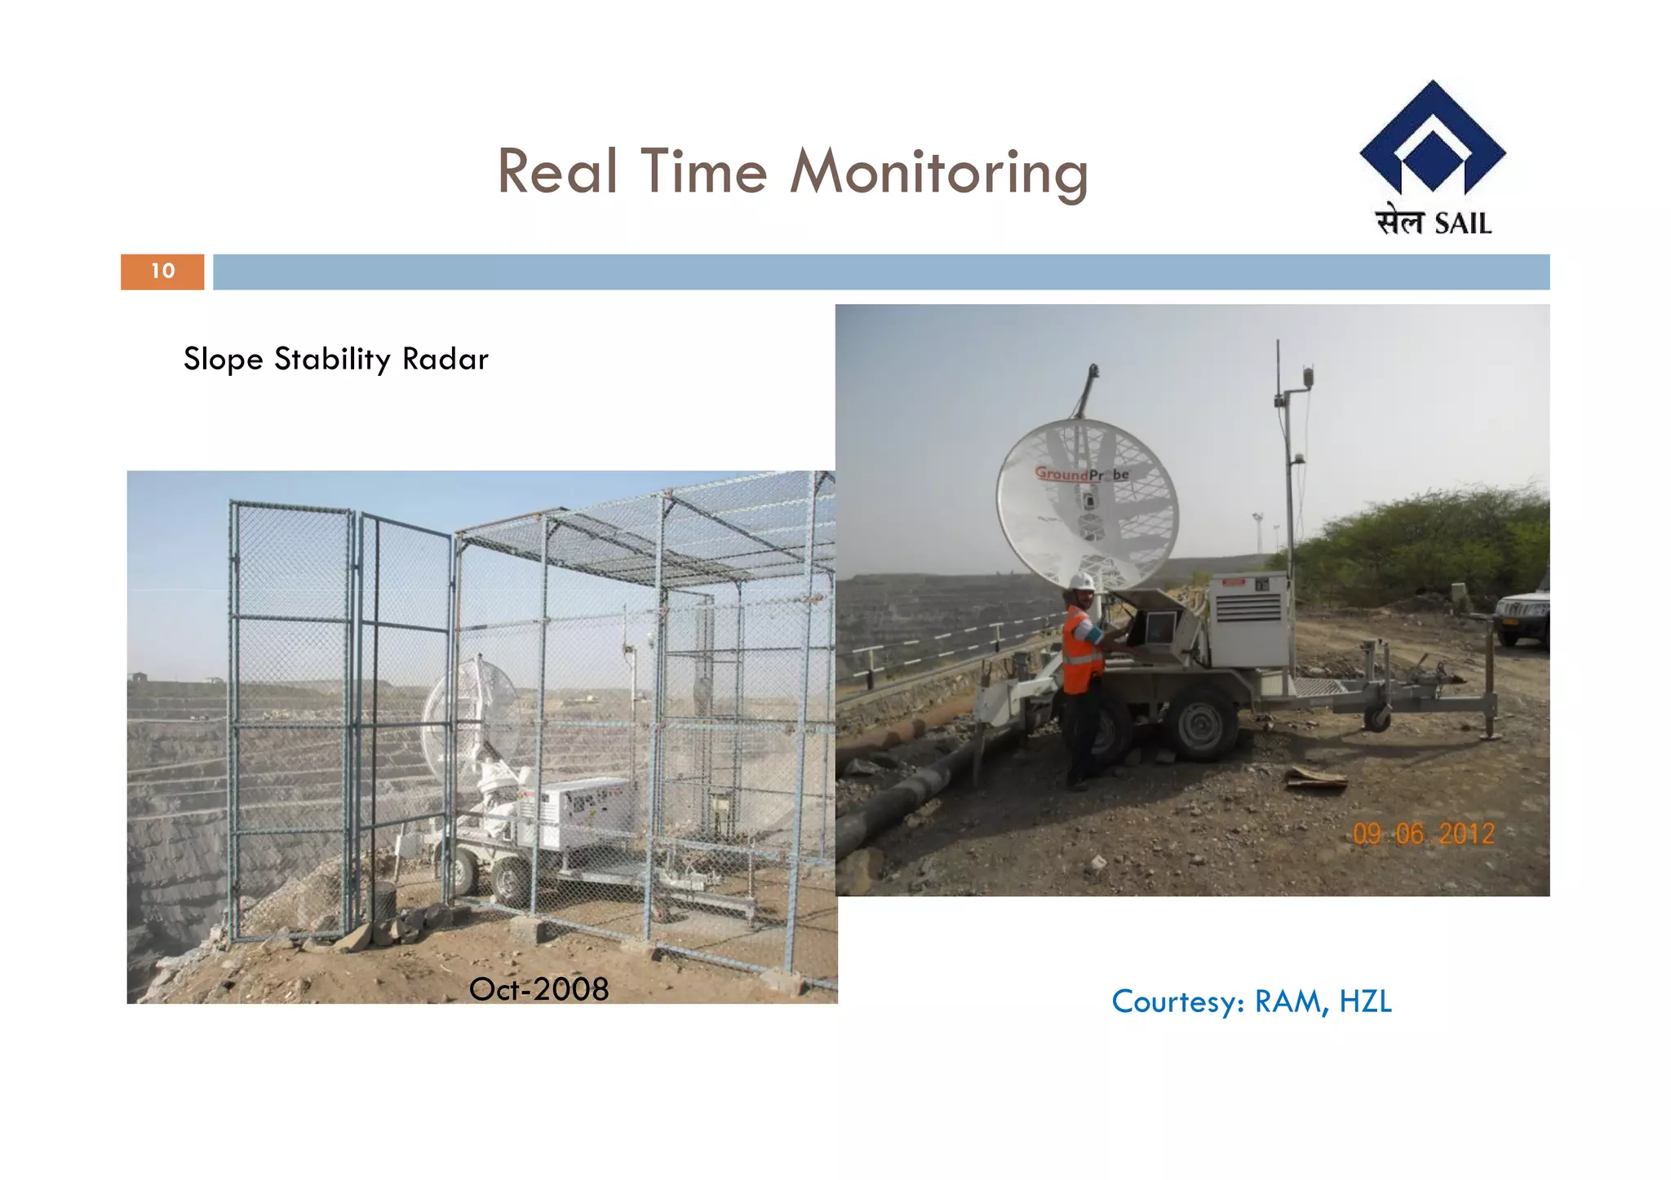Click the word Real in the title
557,173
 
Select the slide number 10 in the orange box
162,272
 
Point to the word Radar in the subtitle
445,359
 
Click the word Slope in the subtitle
223,359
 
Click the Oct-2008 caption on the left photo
539,989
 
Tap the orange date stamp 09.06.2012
1423,833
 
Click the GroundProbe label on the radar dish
1082,474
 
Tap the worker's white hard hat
1082,581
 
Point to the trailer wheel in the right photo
1202,723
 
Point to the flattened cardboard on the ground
1315,779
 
